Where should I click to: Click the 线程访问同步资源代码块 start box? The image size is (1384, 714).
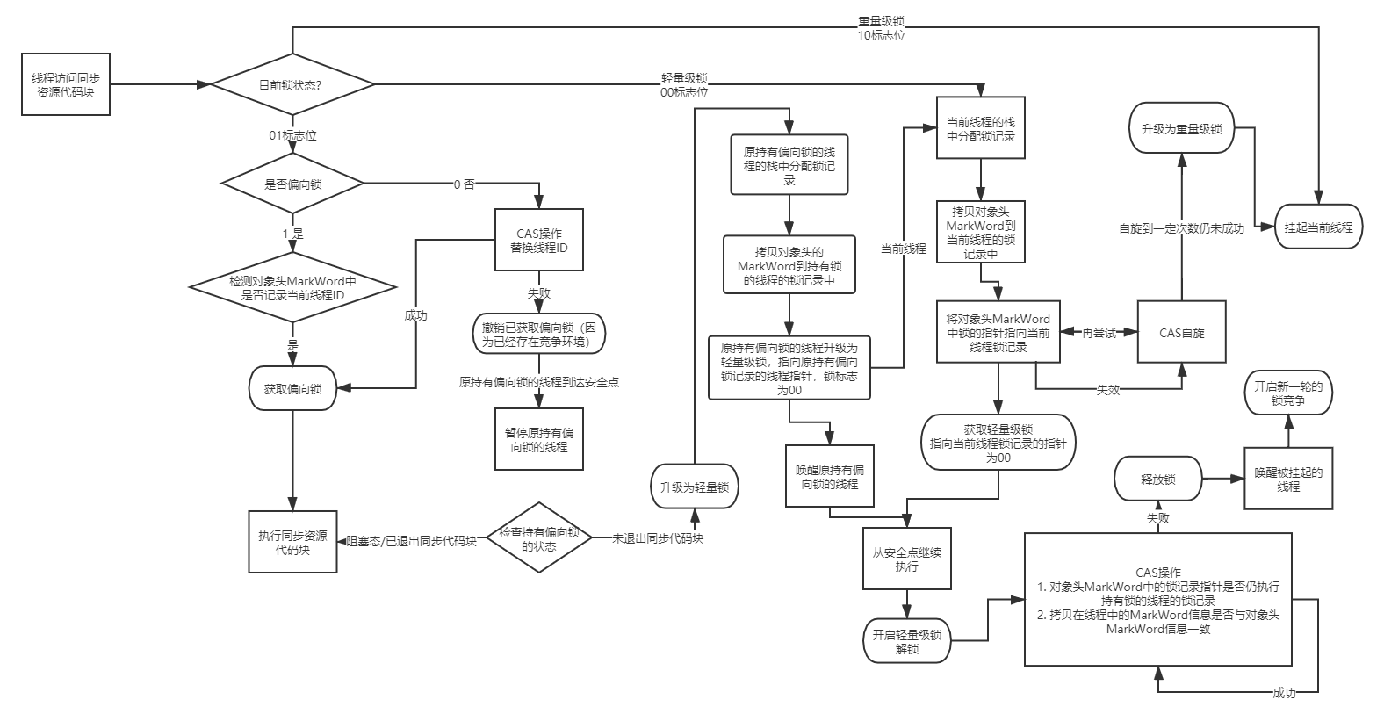(x=66, y=83)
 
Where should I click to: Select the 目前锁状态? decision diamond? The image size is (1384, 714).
(x=293, y=85)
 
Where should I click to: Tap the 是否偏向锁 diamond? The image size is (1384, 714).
(x=293, y=184)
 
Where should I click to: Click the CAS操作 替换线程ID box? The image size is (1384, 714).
(x=538, y=241)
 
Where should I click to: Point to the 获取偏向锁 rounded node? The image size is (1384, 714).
(x=293, y=389)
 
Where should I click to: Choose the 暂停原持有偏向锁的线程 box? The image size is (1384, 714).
(x=538, y=439)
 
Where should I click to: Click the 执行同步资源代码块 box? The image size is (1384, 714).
(x=292, y=542)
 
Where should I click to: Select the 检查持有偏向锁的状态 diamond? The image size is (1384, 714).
(x=539, y=539)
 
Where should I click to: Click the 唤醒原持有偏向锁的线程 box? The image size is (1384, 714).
(x=830, y=476)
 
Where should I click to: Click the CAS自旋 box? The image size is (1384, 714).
(x=1181, y=333)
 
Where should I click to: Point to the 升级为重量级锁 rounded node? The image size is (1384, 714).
(x=1181, y=128)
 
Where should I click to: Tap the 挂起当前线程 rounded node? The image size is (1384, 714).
(x=1318, y=227)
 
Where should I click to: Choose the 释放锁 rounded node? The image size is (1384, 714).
(x=1158, y=480)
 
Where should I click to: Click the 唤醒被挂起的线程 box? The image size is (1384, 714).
(x=1288, y=479)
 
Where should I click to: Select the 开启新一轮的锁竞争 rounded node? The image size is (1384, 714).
(x=1288, y=393)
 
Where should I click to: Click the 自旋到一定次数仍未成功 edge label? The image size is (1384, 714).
(x=1181, y=228)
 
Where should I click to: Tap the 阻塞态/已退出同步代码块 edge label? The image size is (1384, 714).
(x=411, y=541)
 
